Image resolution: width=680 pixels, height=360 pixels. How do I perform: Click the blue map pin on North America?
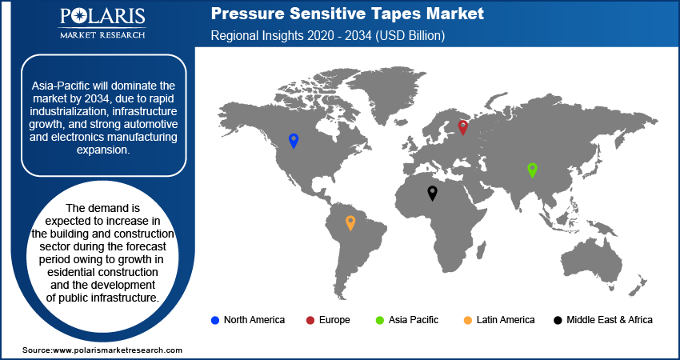(294, 141)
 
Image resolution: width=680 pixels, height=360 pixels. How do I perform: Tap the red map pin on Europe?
(462, 126)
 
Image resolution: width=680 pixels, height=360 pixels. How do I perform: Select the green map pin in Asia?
(532, 170)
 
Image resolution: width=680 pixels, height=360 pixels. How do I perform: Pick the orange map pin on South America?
(350, 222)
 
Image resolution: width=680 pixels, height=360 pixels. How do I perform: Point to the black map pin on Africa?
(432, 192)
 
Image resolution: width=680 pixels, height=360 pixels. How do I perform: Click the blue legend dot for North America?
(214, 320)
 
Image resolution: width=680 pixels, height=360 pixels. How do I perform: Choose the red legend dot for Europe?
(310, 320)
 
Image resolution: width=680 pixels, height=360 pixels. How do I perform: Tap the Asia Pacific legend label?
(414, 320)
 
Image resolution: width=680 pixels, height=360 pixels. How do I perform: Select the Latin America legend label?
(505, 320)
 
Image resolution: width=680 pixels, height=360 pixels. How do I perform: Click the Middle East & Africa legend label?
(609, 320)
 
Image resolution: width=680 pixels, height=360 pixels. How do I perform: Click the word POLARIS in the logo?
(102, 18)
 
